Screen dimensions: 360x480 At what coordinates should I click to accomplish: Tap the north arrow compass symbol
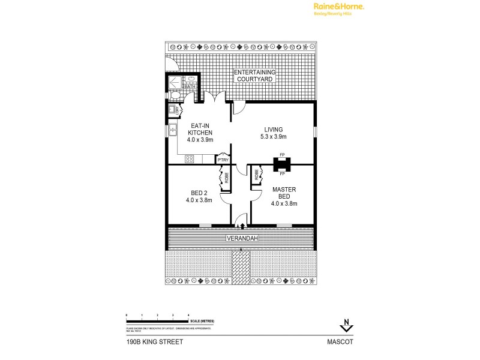(346, 324)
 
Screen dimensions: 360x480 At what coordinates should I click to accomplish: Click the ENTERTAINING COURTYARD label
(254, 76)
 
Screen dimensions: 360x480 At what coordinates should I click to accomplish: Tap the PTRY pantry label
(222, 160)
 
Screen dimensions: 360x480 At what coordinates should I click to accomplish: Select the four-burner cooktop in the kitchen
(190, 159)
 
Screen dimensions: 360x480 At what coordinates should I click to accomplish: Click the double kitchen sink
(173, 128)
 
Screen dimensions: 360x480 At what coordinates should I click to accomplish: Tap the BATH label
(190, 87)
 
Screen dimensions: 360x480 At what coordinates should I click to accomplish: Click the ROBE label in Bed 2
(226, 178)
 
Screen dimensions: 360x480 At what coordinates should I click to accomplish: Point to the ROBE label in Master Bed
(256, 176)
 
